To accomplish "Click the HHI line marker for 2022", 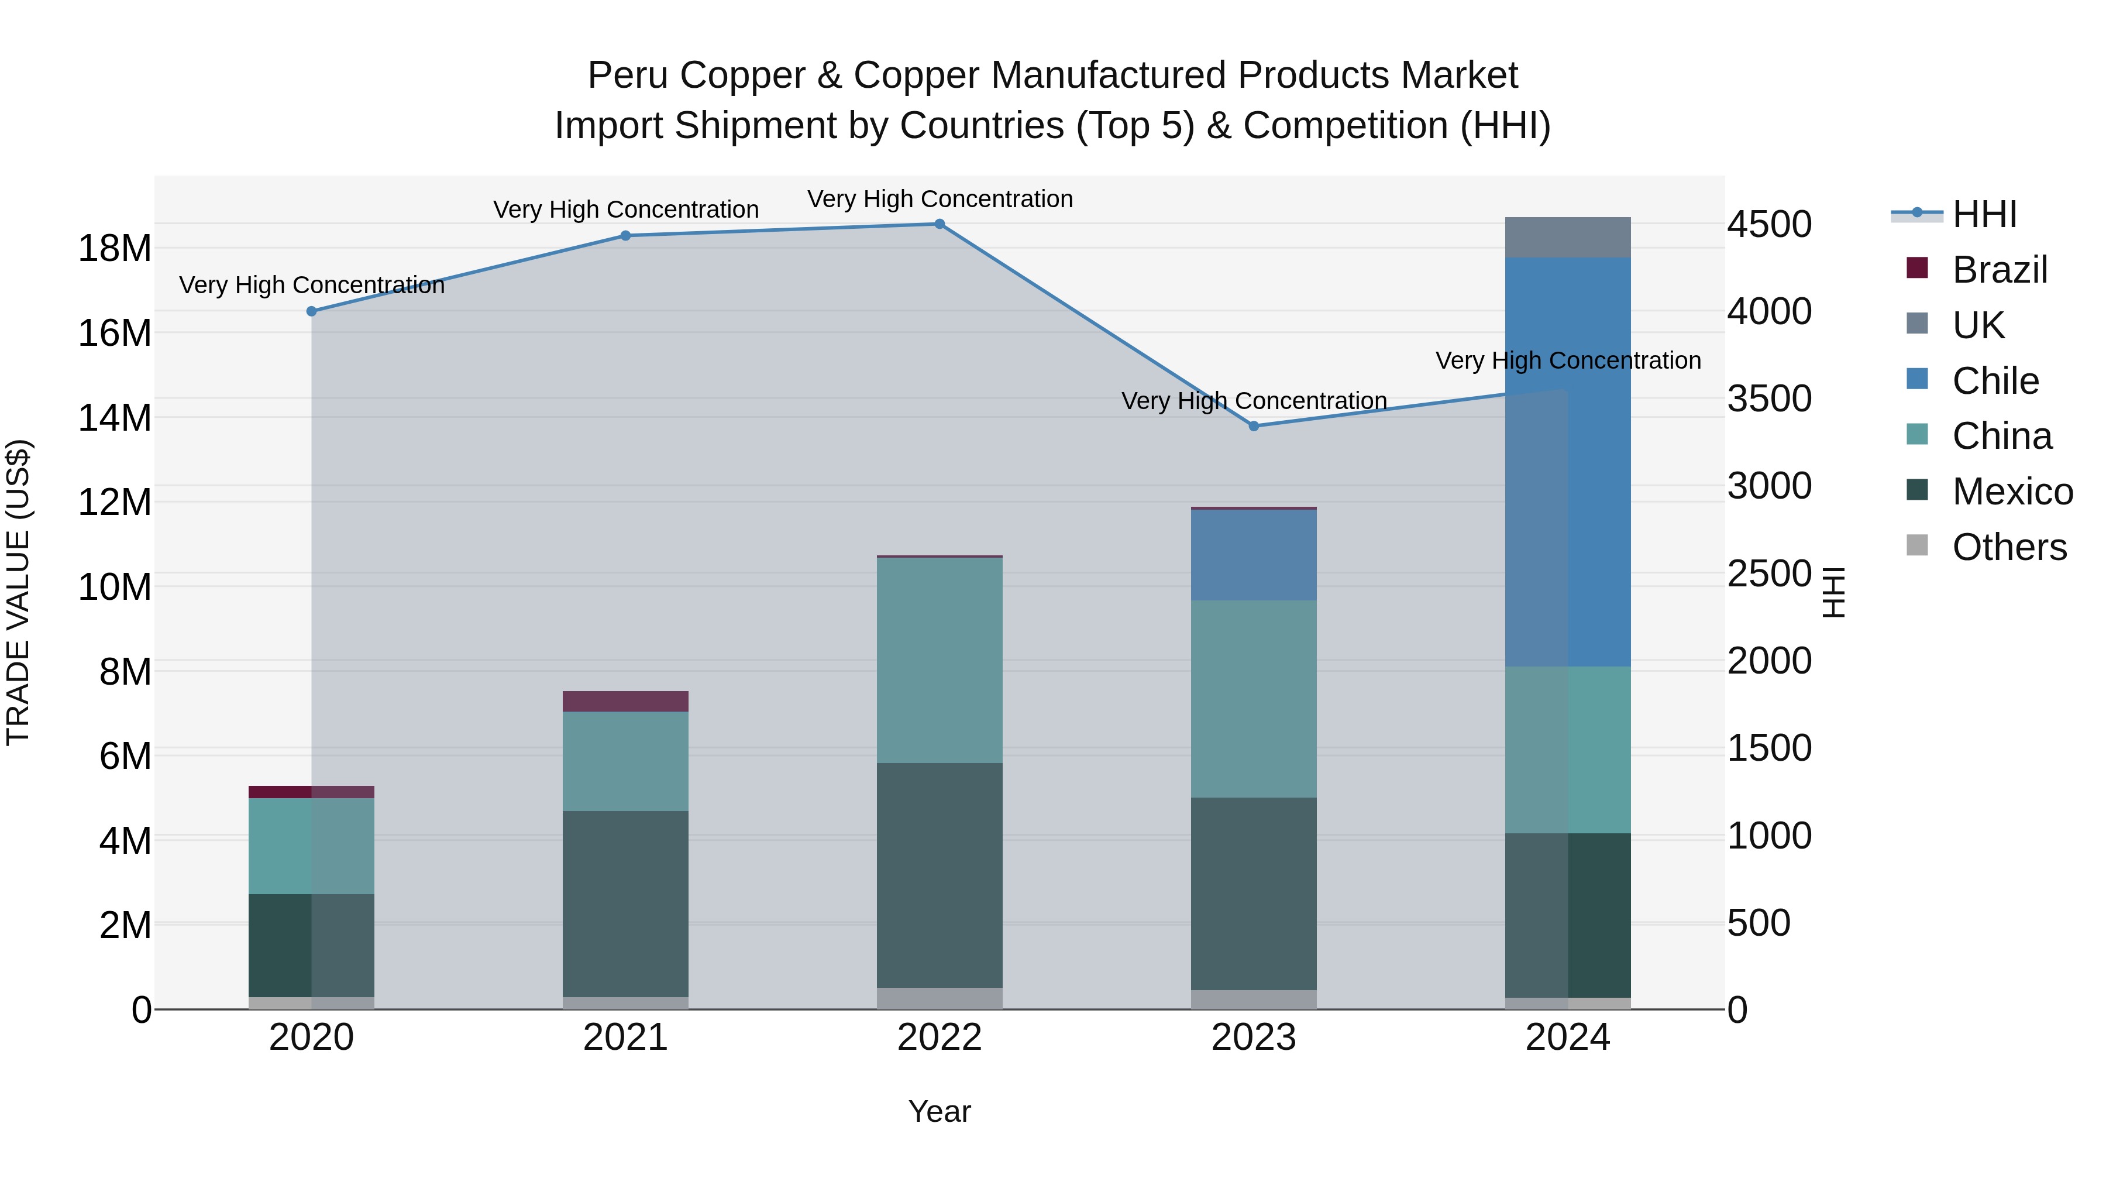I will pyautogui.click(x=940, y=224).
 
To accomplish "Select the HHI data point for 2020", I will pyautogui.click(x=311, y=311).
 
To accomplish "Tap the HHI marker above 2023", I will pyautogui.click(x=1253, y=426).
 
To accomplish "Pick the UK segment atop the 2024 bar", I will pyautogui.click(x=1567, y=237).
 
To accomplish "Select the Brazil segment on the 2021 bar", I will pyautogui.click(x=625, y=702).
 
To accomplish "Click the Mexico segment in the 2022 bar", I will pyautogui.click(x=940, y=875).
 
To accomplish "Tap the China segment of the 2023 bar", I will pyautogui.click(x=1253, y=699).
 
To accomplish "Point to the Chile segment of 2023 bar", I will pyautogui.click(x=1253, y=555).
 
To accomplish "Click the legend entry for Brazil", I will pyautogui.click(x=1999, y=270).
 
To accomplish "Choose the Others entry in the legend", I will pyautogui.click(x=2009, y=547).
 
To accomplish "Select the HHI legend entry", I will pyautogui.click(x=1984, y=214).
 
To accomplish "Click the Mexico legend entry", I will pyautogui.click(x=2012, y=492).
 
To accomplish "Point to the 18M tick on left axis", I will pyautogui.click(x=115, y=248).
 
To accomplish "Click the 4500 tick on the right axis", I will pyautogui.click(x=1769, y=224).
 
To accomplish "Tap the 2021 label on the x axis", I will pyautogui.click(x=625, y=1038).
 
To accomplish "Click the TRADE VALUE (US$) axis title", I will pyautogui.click(x=18, y=592).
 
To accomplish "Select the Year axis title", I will pyautogui.click(x=940, y=1111).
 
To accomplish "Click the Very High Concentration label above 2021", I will pyautogui.click(x=625, y=209).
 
